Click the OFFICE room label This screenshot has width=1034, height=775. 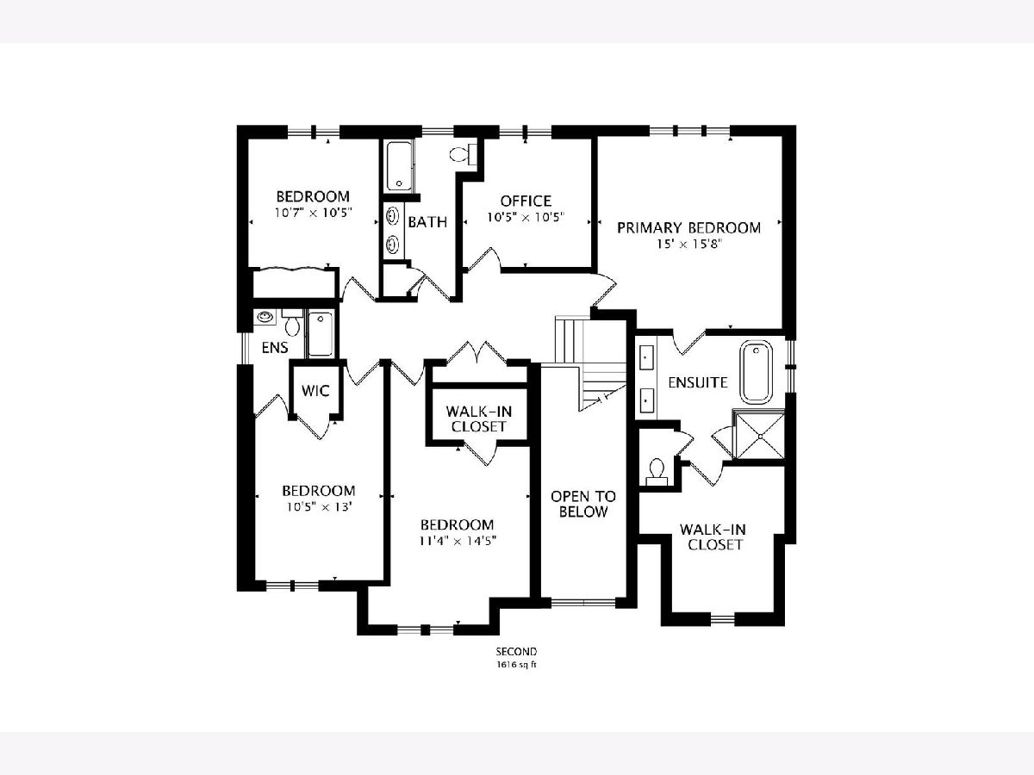(x=526, y=201)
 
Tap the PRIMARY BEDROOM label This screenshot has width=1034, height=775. (x=688, y=227)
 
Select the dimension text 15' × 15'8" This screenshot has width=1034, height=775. (x=689, y=245)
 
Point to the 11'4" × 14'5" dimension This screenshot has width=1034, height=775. (x=458, y=541)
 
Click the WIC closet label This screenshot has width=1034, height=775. (x=315, y=391)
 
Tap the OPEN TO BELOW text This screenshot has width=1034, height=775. (x=583, y=504)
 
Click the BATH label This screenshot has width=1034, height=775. (x=427, y=222)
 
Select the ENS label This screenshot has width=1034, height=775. (x=275, y=348)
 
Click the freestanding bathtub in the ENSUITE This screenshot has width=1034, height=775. (x=756, y=372)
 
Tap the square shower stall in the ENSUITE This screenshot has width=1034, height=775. (x=760, y=437)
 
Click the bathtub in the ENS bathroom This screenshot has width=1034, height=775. (x=321, y=333)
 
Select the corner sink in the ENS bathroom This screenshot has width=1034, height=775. (x=265, y=317)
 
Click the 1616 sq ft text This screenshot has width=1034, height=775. (x=516, y=665)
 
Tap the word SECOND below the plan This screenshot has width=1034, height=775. (x=516, y=652)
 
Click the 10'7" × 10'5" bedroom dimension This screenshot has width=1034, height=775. (x=314, y=213)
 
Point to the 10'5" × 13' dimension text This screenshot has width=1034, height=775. (x=320, y=507)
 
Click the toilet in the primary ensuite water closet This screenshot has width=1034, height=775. (x=657, y=472)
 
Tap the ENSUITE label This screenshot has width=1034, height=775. (x=698, y=382)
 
